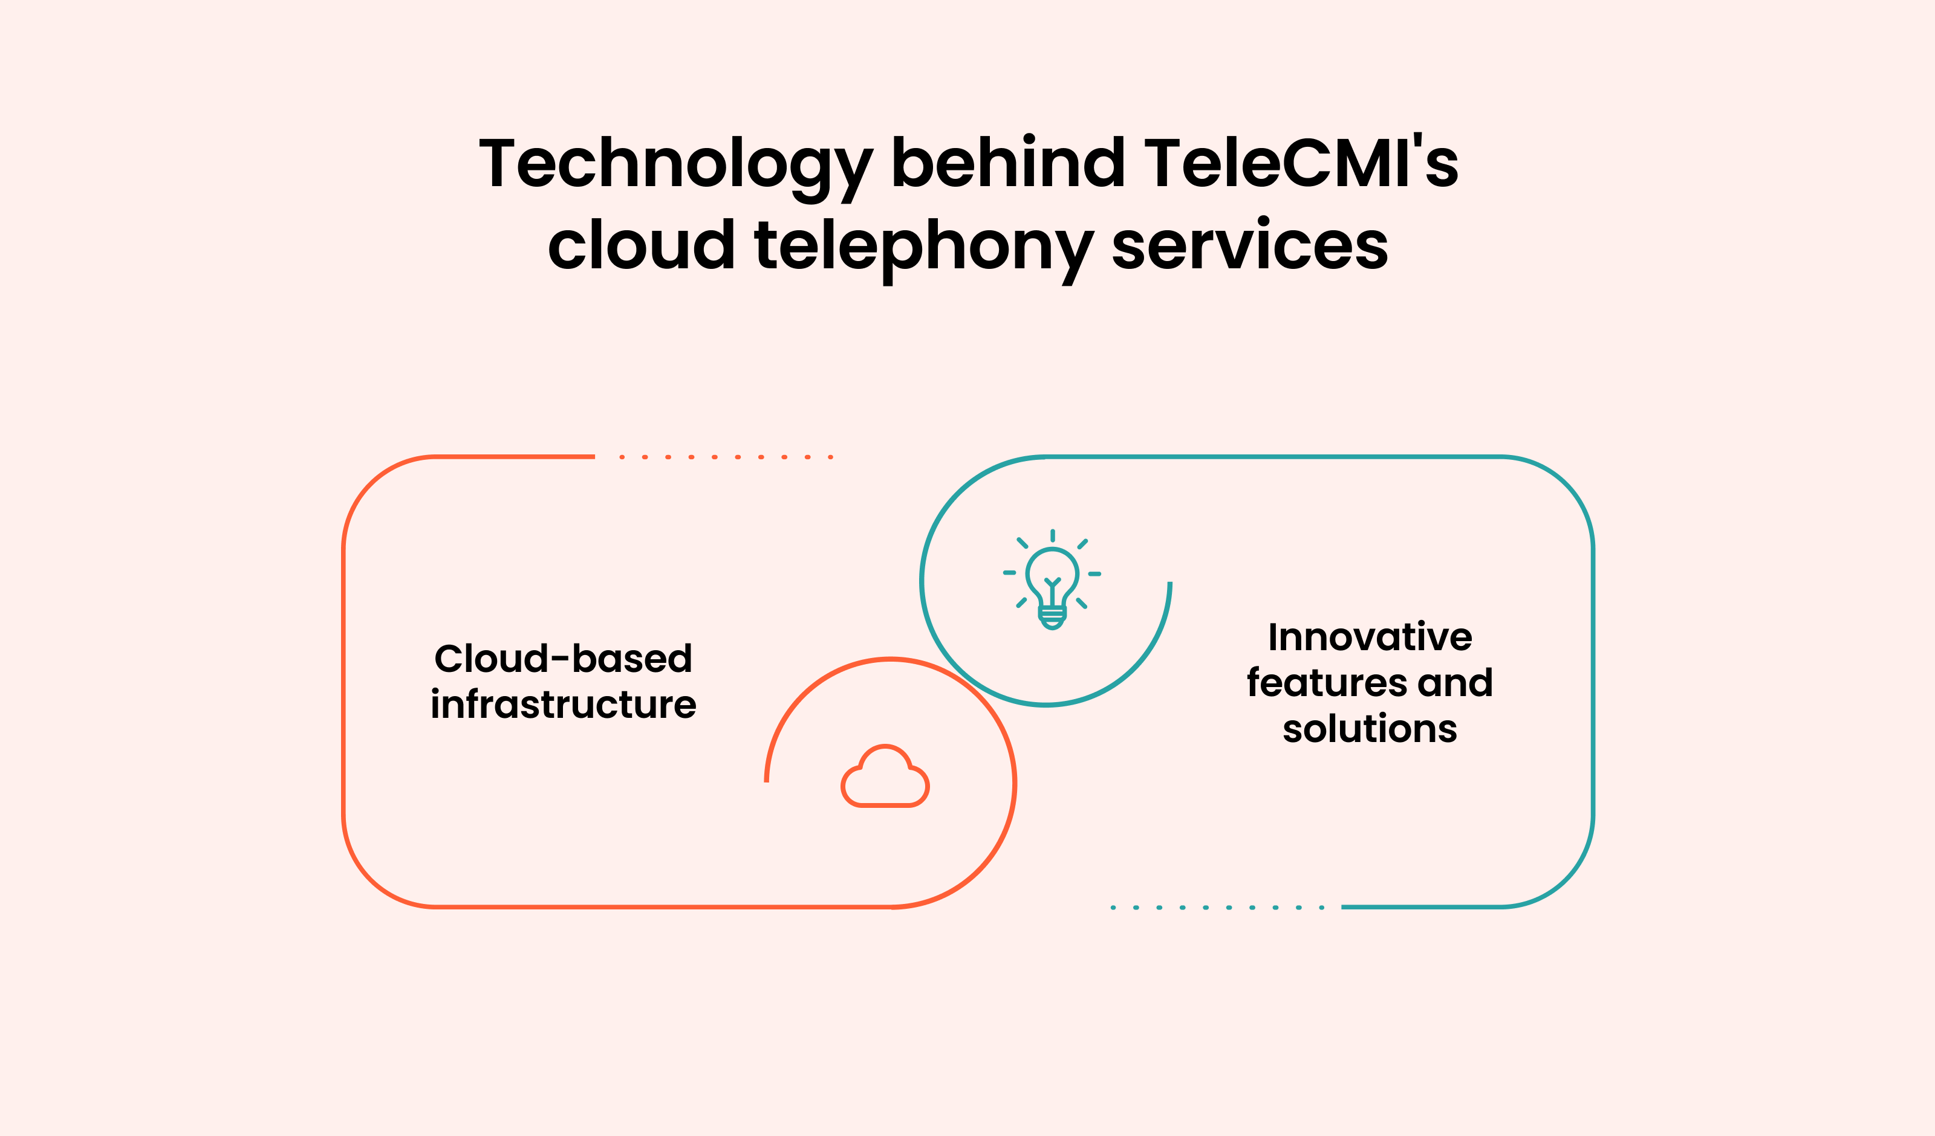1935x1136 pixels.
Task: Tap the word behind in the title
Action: [x=1008, y=161]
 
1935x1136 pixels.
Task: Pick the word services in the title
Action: [x=1250, y=244]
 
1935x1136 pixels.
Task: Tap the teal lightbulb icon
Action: [x=1052, y=579]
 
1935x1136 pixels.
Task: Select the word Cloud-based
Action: [x=563, y=659]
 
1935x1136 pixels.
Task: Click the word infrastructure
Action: [x=563, y=704]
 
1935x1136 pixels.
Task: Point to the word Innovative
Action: [x=1370, y=637]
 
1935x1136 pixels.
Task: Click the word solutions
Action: [x=1370, y=728]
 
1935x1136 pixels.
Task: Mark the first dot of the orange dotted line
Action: [x=622, y=457]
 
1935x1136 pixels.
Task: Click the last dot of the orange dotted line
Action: [x=831, y=457]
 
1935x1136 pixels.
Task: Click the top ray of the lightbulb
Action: [x=1053, y=535]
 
